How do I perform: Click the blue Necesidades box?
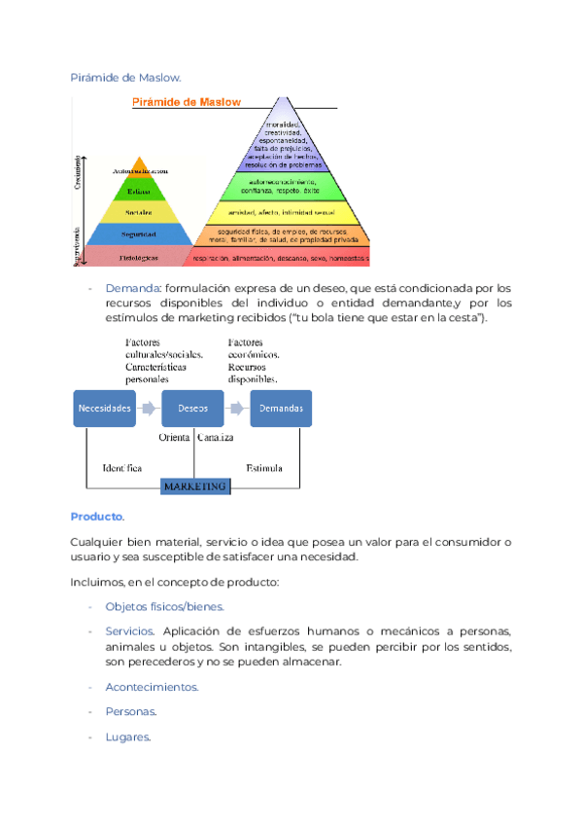click(105, 409)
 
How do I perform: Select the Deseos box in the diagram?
click(193, 409)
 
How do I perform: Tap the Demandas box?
click(281, 409)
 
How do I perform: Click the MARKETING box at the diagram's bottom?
click(194, 485)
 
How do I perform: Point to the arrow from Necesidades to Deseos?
click(149, 409)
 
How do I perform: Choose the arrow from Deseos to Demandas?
click(237, 409)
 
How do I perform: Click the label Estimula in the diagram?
click(264, 468)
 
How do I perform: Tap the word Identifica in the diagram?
click(122, 468)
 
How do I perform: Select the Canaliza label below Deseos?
click(216, 438)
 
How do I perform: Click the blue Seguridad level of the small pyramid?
click(139, 234)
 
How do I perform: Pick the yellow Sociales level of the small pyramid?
click(139, 211)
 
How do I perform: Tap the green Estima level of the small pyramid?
click(139, 192)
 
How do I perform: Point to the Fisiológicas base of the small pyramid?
click(139, 258)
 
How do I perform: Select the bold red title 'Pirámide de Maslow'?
click(187, 102)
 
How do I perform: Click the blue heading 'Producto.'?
click(98, 516)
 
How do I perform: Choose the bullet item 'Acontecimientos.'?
click(152, 687)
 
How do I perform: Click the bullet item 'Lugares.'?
click(128, 737)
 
